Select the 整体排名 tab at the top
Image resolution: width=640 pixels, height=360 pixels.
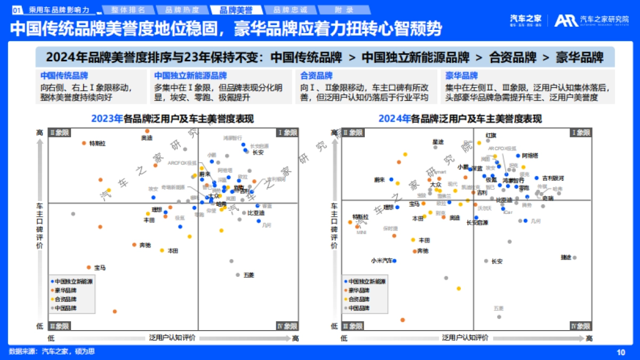[x=126, y=10]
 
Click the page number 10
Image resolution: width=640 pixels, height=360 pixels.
[x=620, y=351]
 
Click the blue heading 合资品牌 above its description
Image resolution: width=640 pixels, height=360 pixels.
[x=316, y=76]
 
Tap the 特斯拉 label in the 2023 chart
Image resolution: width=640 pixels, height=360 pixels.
[x=97, y=143]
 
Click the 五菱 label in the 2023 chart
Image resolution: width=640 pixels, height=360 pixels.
[x=249, y=275]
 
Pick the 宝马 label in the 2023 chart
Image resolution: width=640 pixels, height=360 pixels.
[x=100, y=267]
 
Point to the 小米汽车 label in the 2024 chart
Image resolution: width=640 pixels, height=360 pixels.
[x=381, y=261]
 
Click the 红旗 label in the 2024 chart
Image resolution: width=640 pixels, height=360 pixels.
[x=491, y=135]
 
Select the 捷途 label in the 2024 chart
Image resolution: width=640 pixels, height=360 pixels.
[x=566, y=257]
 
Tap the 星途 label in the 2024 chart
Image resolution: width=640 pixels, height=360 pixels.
[x=438, y=142]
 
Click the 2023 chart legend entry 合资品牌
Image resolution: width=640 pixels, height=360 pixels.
[x=65, y=299]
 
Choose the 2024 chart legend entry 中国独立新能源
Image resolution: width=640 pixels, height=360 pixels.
[x=367, y=281]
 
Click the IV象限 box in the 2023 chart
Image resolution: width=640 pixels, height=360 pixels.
[x=286, y=325]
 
